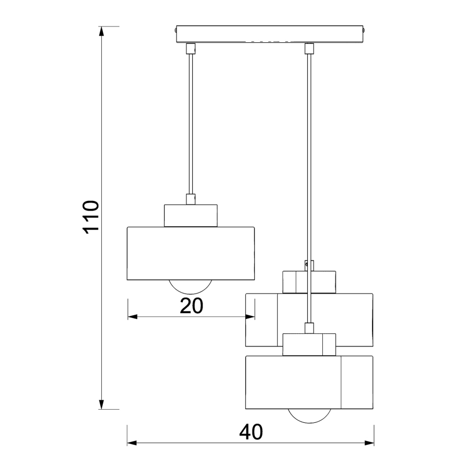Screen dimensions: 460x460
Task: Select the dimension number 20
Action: (x=191, y=306)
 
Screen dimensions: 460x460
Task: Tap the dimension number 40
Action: (x=251, y=432)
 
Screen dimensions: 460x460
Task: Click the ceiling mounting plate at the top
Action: (x=270, y=34)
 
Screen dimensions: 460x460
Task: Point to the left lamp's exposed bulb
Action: (x=191, y=286)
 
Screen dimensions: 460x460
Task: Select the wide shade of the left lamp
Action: (x=191, y=253)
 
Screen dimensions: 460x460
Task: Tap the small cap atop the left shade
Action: (x=191, y=215)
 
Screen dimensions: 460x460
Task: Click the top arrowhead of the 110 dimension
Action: (x=101, y=31)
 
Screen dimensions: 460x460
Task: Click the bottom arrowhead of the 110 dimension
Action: (x=101, y=405)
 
